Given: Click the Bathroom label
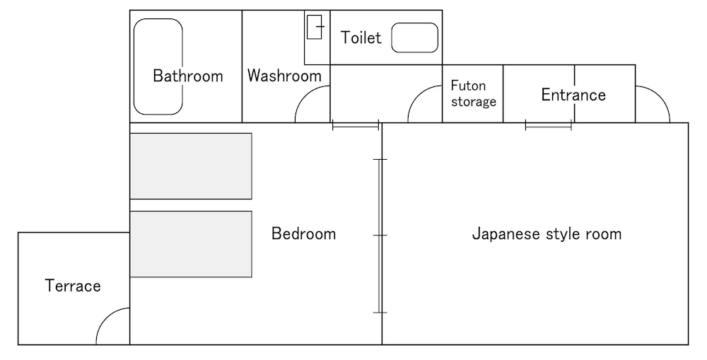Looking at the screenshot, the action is click(188, 76).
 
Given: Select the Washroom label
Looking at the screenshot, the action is click(284, 76).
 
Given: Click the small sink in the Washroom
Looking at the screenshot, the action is click(315, 27).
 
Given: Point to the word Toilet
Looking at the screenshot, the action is click(361, 37).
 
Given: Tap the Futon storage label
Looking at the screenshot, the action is click(474, 93).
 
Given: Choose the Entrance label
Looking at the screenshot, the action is click(573, 95).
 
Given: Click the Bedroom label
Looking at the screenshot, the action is click(303, 233).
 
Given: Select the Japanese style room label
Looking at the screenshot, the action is click(547, 233).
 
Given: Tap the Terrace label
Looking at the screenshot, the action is click(73, 286).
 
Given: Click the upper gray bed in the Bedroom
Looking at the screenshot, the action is click(191, 166).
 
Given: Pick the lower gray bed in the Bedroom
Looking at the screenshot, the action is click(191, 244).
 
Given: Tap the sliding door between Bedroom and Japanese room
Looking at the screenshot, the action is click(380, 236).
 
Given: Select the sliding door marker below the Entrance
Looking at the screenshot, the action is click(549, 127).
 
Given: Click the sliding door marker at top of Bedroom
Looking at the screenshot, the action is click(356, 127).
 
